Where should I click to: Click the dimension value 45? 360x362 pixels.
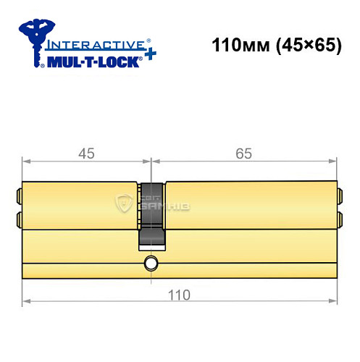point(86,153)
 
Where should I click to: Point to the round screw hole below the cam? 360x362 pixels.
point(151,263)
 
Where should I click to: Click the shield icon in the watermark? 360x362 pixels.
point(124,204)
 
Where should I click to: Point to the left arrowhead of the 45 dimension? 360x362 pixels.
point(26,160)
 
